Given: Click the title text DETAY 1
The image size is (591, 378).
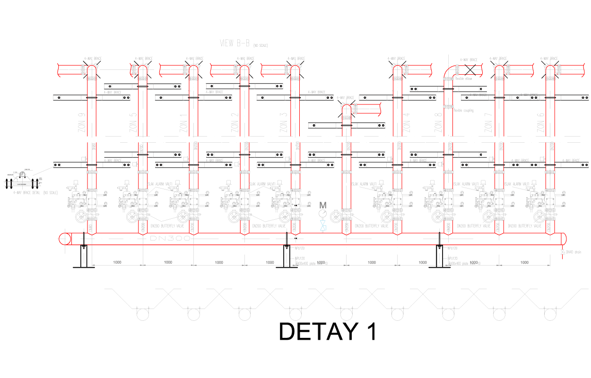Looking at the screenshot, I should pyautogui.click(x=328, y=332).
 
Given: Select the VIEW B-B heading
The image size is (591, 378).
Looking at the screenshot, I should pyautogui.click(x=235, y=43).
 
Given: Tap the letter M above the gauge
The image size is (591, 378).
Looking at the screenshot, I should pyautogui.click(x=323, y=205).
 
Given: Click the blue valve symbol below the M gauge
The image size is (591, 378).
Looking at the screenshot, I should pyautogui.click(x=323, y=228).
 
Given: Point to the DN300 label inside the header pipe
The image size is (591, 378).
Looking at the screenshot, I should pyautogui.click(x=170, y=239).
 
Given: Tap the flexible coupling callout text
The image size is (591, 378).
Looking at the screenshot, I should pyautogui.click(x=463, y=111).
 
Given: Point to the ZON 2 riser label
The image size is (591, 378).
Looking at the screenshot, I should pyautogui.click(x=235, y=122).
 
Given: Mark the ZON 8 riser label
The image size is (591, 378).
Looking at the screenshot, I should pyautogui.click(x=438, y=122).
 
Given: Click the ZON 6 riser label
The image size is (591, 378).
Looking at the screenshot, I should pyautogui.click(x=540, y=122).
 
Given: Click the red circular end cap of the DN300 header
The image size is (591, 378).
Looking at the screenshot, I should pyautogui.click(x=64, y=239).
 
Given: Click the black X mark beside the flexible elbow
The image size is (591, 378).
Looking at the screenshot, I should pyautogui.click(x=470, y=69).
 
